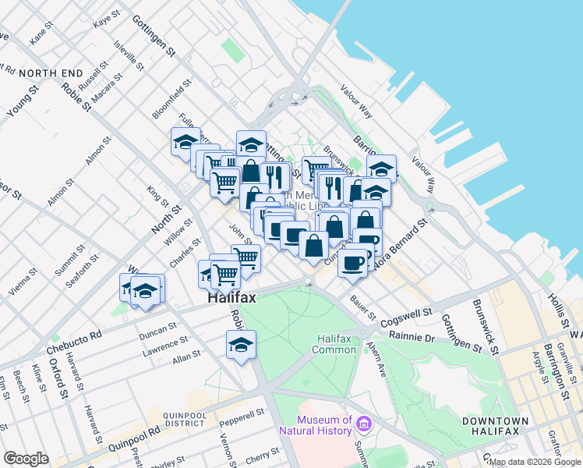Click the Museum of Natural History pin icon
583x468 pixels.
click(363, 424)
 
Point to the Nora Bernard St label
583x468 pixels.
click(401, 244)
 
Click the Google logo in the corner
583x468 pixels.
click(26, 459)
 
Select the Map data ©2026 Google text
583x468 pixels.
click(534, 462)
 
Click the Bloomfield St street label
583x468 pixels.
click(172, 100)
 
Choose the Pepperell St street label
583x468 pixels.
click(238, 421)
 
